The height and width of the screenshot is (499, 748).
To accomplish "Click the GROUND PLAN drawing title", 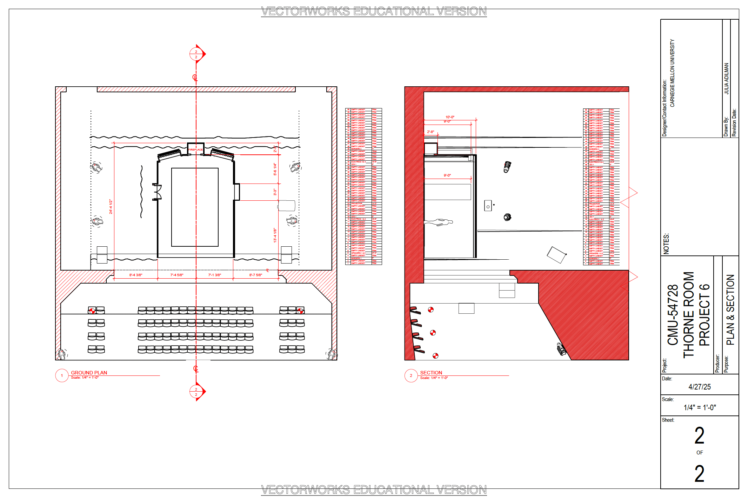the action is pos(89,373).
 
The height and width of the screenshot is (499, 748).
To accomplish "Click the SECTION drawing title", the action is pos(431,373).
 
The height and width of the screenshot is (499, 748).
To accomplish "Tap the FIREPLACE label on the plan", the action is pos(195,150).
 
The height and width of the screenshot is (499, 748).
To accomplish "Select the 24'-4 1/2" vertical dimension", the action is pos(111,207).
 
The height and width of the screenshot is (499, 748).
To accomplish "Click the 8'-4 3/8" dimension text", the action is pos(136,275).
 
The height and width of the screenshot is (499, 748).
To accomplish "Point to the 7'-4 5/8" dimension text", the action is pos(177,275).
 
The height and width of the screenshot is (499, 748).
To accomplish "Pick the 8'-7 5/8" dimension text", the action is pos(256,275).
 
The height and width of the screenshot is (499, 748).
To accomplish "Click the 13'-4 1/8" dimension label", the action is pos(275,235).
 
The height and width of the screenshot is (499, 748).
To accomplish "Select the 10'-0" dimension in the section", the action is pos(450,117).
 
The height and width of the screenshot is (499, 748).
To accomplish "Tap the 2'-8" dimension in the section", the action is pos(430,132).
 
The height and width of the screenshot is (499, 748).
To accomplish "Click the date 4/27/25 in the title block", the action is pos(699,387).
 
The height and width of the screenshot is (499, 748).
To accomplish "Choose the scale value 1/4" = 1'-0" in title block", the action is pos(700,407).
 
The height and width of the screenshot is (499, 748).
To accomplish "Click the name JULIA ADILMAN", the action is pos(726,79).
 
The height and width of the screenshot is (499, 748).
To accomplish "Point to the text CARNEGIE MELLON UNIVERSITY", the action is pos(672,73).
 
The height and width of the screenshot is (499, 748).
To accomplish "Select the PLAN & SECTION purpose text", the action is pos(730,310).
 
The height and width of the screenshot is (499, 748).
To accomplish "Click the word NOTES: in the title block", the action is pos(666,244).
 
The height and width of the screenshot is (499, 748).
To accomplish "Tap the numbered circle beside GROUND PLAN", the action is pos(62,375).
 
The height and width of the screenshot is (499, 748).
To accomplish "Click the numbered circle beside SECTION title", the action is pos(411,375).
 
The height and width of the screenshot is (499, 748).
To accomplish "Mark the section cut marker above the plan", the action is pos(196,54).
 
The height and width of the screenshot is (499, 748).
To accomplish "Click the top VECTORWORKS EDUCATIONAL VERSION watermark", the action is pos(374,11).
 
